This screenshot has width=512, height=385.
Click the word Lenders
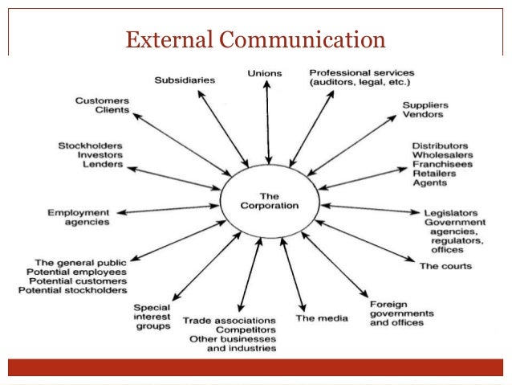(103, 164)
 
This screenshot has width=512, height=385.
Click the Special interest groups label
(152, 317)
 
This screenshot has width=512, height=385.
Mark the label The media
(322, 318)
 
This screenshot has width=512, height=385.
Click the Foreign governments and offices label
(401, 313)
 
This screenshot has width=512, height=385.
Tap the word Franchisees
(442, 163)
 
